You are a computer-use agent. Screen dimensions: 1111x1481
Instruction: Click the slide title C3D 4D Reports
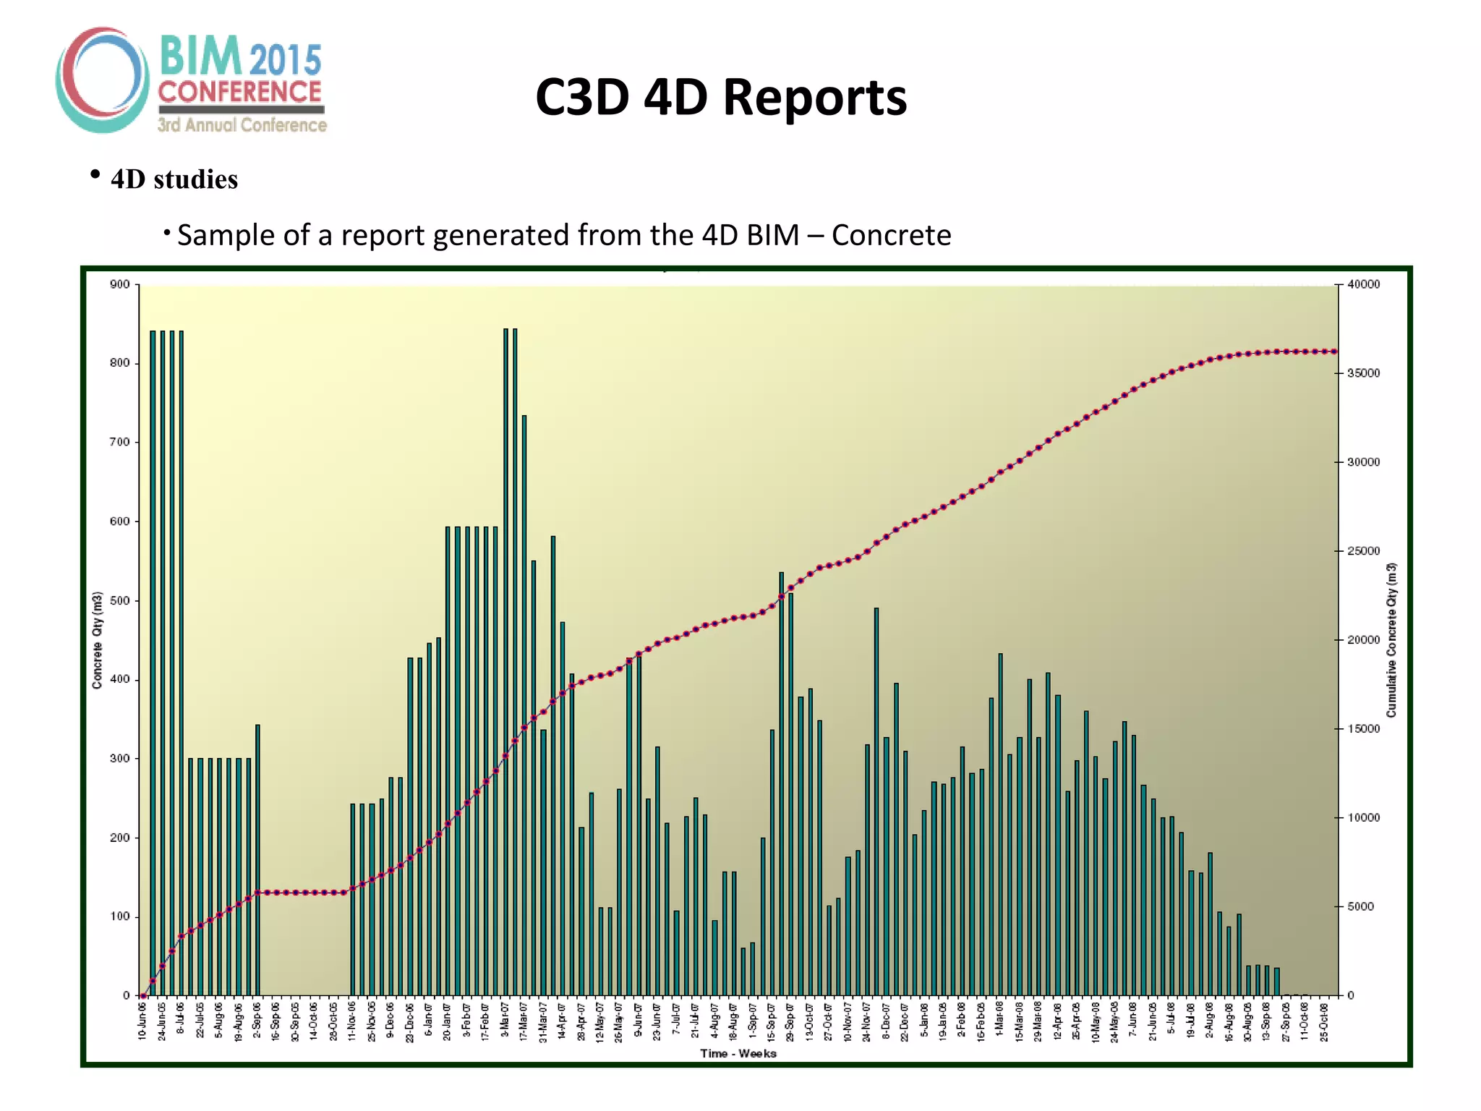(x=721, y=97)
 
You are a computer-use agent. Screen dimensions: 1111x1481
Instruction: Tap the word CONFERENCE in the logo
(x=239, y=92)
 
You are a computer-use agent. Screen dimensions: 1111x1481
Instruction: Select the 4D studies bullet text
(x=174, y=179)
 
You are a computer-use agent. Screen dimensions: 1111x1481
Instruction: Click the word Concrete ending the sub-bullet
(x=891, y=235)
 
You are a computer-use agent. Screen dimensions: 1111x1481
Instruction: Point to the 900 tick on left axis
(x=120, y=284)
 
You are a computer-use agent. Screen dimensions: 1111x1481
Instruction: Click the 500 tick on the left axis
(x=120, y=600)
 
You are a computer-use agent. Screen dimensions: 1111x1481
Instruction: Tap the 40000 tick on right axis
(x=1363, y=284)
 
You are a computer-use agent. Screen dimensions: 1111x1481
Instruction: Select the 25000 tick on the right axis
(x=1363, y=551)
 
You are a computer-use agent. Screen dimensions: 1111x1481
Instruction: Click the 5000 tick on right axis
(x=1360, y=906)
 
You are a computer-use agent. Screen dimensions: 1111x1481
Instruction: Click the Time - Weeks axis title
(x=738, y=1053)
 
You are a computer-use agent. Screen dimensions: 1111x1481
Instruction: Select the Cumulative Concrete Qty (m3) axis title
(x=1391, y=640)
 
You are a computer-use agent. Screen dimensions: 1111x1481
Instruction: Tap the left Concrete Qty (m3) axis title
(x=97, y=640)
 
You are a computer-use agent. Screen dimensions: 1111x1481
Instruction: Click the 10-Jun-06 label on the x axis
(x=142, y=1021)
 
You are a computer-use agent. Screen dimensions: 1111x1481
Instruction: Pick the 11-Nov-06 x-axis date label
(x=352, y=1021)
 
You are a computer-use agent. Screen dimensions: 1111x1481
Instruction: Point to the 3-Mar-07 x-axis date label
(x=505, y=1021)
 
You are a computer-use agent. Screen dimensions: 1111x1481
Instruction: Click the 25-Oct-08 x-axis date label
(x=1324, y=1021)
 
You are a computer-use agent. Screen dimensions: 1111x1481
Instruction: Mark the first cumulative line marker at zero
(x=143, y=996)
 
